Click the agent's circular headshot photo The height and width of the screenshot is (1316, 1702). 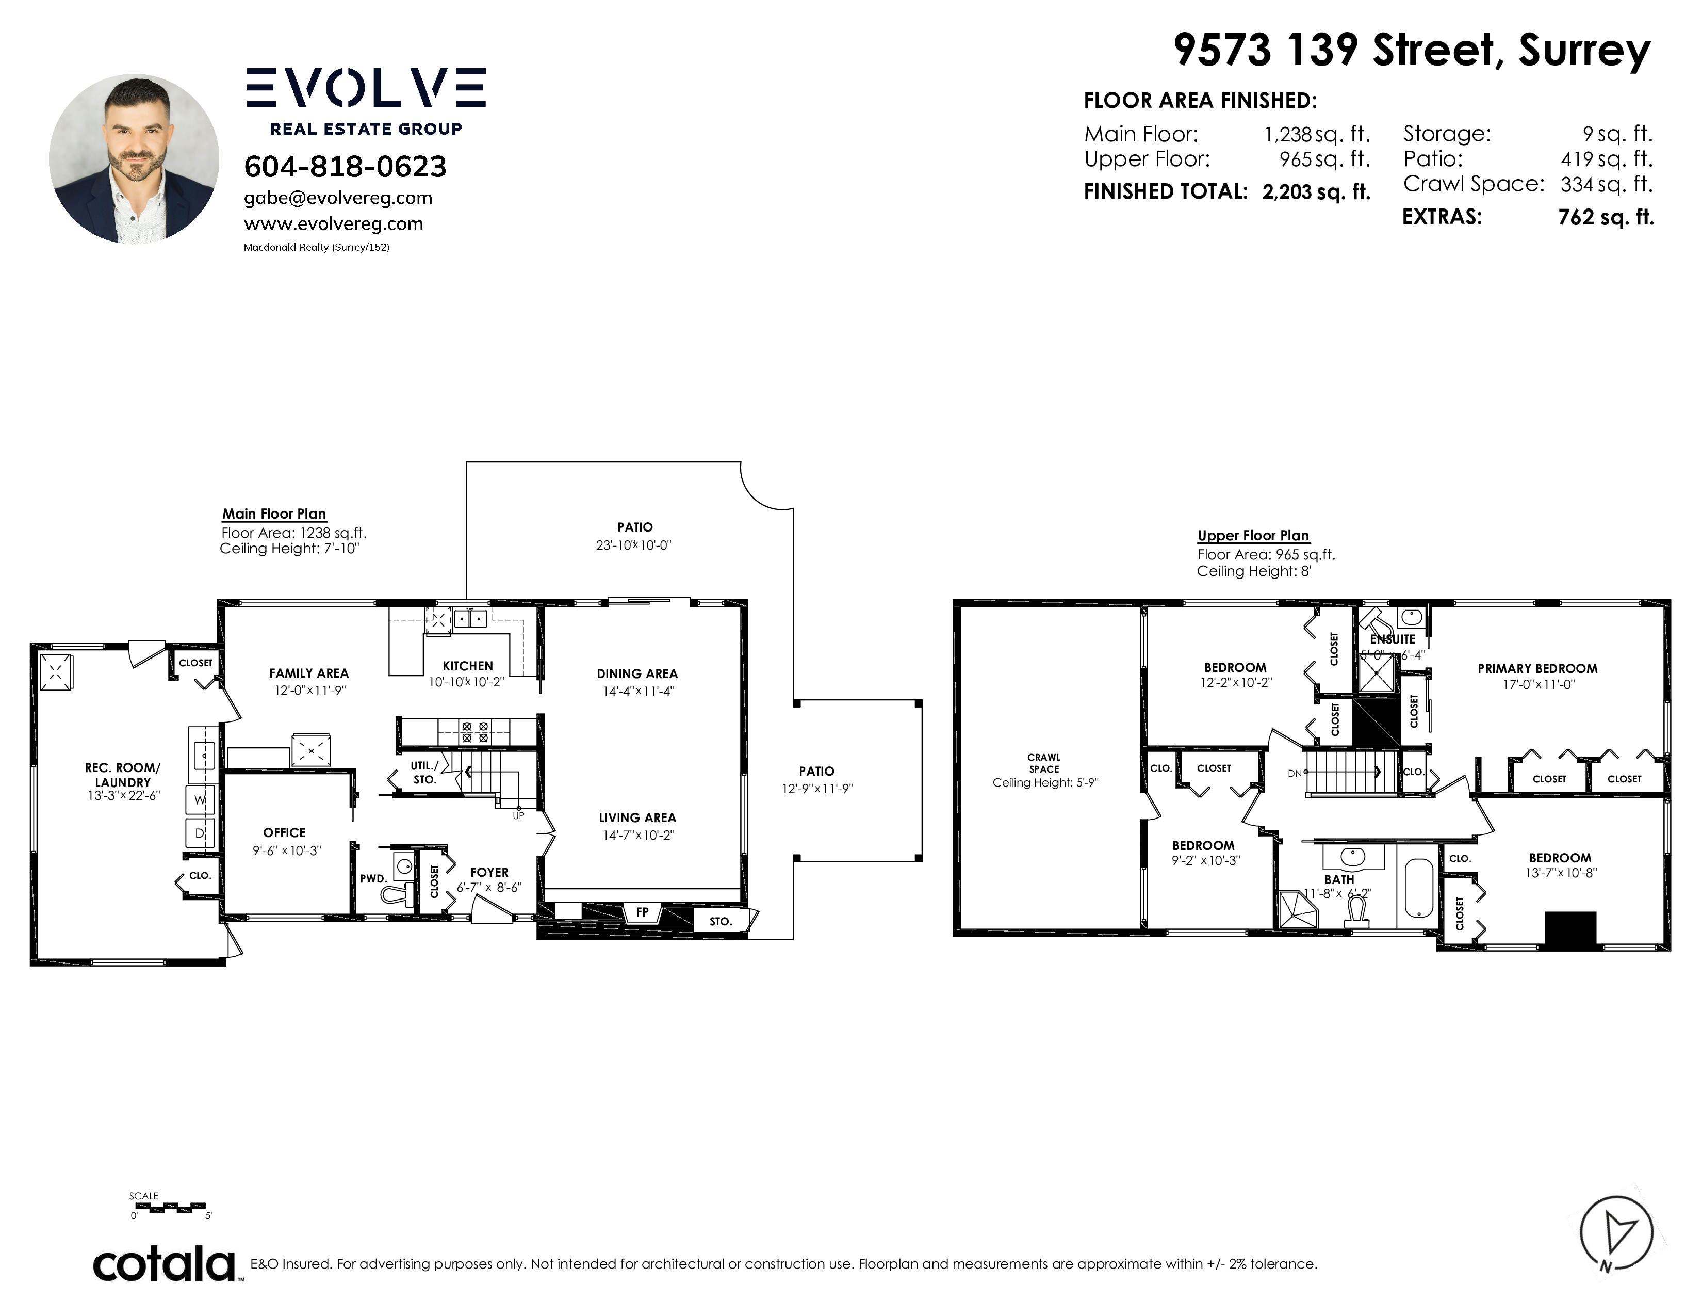coord(134,159)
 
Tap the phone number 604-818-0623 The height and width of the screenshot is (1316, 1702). coord(345,166)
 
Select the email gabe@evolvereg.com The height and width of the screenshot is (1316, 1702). coord(338,198)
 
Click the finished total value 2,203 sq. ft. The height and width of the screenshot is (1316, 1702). coord(1316,192)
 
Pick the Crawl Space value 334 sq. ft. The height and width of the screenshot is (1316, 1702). coord(1606,185)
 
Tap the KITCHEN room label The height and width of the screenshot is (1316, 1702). coord(468,666)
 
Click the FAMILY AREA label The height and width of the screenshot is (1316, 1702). coord(308,673)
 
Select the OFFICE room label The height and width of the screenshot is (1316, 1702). coord(285,832)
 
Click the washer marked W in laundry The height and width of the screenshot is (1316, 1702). coord(200,800)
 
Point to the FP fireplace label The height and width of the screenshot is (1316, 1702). coord(642,911)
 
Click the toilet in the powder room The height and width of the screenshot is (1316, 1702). coord(398,893)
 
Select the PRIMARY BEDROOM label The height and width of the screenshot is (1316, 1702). coord(1537,668)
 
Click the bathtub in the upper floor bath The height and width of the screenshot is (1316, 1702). coord(1419,889)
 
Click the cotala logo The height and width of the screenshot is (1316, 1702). coord(165,1264)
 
